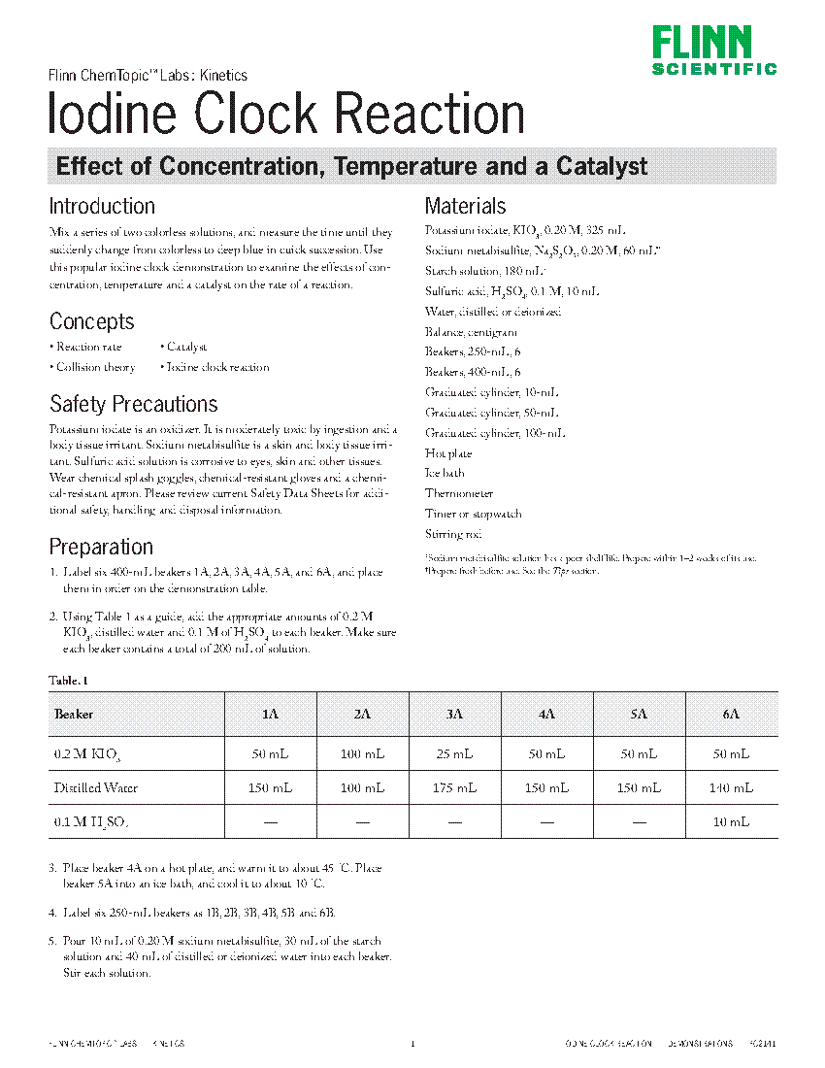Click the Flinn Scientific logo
tap(713, 50)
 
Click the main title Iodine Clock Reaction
tap(287, 115)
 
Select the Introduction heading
tap(102, 206)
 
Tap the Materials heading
tap(466, 206)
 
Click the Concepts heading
tap(91, 321)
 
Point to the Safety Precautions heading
tap(133, 404)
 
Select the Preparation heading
tap(101, 547)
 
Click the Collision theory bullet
tap(95, 367)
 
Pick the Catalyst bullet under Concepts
tap(186, 347)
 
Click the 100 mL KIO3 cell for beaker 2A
tap(362, 754)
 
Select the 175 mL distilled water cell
tap(454, 788)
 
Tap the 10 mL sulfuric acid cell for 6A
tap(731, 821)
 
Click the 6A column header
tap(731, 714)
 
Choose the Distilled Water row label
tap(95, 788)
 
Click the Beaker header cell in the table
tap(74, 714)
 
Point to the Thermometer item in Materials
tap(459, 493)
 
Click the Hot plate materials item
tap(448, 453)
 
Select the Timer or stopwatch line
tap(473, 514)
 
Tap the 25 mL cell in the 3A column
tap(454, 754)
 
